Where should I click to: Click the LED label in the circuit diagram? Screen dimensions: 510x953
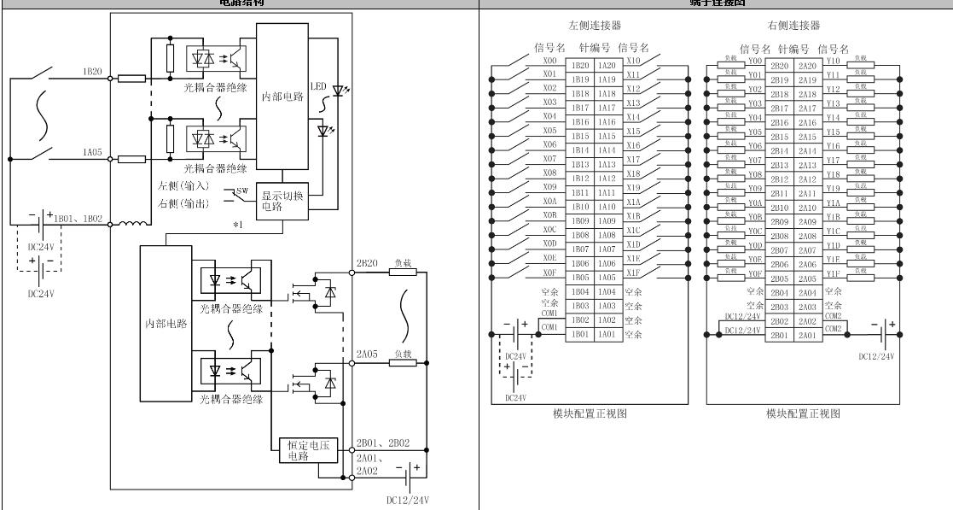(317, 88)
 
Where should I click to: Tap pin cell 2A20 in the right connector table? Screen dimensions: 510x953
(807, 65)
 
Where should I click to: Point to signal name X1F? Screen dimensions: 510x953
(632, 272)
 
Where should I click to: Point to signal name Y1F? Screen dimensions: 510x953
(834, 273)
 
